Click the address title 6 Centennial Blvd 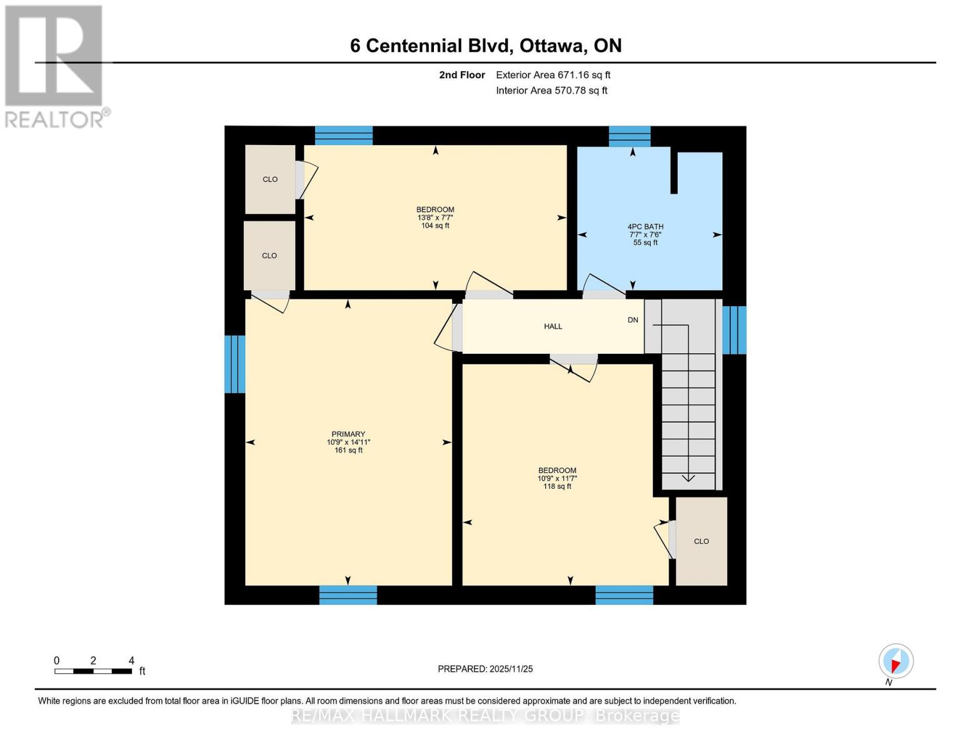tap(485, 46)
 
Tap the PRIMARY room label tap(348, 434)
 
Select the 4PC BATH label tap(645, 227)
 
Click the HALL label tap(553, 326)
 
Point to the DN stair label tap(633, 320)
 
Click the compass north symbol tap(895, 661)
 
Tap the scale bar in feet tap(93, 671)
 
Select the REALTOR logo tap(55, 66)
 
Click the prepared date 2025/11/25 tap(485, 669)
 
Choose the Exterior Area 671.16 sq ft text tap(553, 75)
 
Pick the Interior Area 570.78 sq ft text tap(551, 91)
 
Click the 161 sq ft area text tap(348, 450)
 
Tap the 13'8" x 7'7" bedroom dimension tap(435, 217)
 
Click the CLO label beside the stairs tap(701, 541)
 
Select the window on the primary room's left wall tap(234, 364)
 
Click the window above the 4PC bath tap(629, 136)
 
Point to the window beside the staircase tap(734, 330)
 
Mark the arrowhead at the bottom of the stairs tap(688, 479)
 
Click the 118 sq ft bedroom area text tap(557, 486)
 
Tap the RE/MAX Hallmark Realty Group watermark tap(485, 716)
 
